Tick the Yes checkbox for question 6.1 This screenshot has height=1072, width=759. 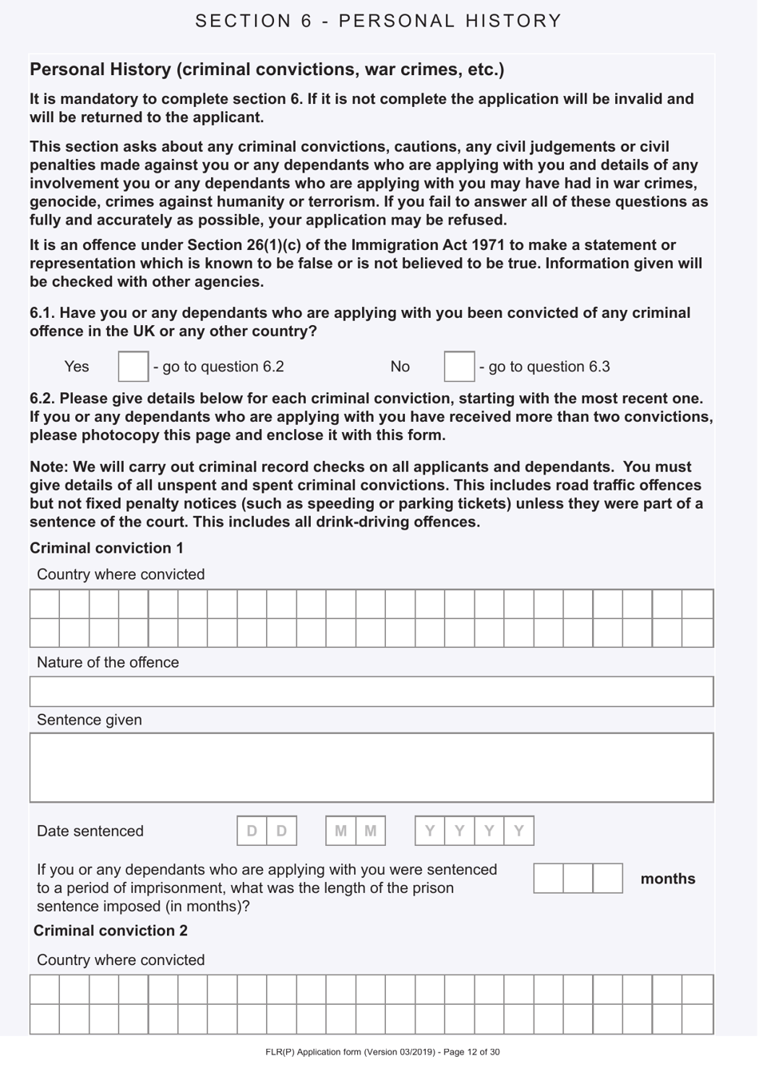click(133, 367)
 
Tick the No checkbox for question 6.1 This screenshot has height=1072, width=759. click(459, 367)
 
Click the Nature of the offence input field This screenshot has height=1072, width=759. click(372, 692)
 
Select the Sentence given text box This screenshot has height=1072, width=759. click(372, 768)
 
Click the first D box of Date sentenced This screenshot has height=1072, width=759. click(252, 831)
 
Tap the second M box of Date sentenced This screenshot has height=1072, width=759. click(370, 831)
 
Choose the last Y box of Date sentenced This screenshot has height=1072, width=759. click(519, 831)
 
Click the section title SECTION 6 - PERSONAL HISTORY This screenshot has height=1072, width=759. click(379, 21)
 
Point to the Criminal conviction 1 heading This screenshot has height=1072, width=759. click(106, 548)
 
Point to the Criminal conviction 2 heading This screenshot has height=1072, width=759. click(110, 931)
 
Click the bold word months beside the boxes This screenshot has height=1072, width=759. click(667, 879)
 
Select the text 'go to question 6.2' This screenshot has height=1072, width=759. click(223, 367)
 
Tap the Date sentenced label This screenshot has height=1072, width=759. click(90, 831)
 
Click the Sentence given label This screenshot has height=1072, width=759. click(89, 720)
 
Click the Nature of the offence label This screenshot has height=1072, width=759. click(108, 662)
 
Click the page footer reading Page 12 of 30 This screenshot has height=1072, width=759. click(383, 1052)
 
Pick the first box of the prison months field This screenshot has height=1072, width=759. click(548, 878)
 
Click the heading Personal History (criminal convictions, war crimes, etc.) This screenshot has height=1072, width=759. click(267, 69)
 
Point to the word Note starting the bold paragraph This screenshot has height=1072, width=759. click(47, 467)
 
